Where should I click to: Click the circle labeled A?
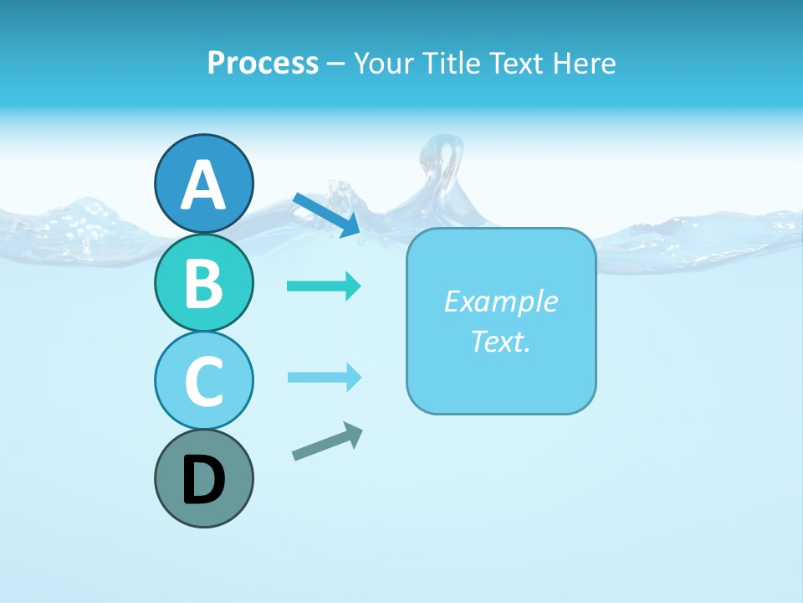203,183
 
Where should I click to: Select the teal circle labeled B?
203,282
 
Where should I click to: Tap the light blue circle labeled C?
203,380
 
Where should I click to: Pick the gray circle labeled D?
203,478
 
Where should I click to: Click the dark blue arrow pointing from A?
326,214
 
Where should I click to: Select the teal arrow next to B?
323,286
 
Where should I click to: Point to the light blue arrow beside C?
323,378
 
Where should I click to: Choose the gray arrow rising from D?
326,441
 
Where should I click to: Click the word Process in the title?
263,63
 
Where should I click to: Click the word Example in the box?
500,301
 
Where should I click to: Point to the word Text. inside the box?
500,341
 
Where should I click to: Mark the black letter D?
203,480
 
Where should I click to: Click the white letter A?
203,185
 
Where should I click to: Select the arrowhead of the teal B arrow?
353,286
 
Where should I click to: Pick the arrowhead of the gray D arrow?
354,434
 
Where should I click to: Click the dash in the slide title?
335,64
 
